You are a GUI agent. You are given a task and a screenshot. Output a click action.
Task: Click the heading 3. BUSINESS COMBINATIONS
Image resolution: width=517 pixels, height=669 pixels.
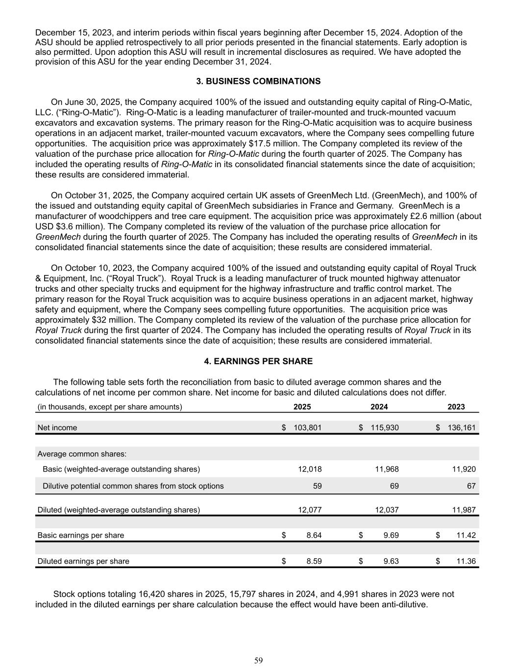(x=258, y=81)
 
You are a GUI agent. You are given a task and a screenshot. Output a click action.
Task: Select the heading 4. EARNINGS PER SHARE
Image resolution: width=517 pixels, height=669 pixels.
(x=258, y=361)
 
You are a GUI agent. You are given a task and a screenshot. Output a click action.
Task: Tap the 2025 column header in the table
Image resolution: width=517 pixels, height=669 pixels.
(x=302, y=407)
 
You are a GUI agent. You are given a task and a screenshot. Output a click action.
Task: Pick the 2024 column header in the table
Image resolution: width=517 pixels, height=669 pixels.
(x=379, y=407)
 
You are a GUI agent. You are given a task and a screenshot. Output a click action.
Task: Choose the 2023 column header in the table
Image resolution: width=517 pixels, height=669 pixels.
(x=456, y=407)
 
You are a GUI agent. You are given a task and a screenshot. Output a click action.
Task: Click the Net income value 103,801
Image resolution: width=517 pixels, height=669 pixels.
(x=308, y=428)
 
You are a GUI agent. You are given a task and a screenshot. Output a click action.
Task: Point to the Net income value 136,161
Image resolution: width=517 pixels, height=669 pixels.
(x=462, y=428)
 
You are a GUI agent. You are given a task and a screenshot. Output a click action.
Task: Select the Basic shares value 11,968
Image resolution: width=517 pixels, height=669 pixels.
(x=387, y=470)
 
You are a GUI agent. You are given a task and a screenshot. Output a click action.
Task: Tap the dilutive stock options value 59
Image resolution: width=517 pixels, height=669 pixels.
(x=317, y=486)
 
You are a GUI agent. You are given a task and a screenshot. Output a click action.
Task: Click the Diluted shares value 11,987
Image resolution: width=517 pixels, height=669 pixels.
(x=464, y=510)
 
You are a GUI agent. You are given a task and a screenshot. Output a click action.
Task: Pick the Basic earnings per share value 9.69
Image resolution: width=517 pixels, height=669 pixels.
(x=391, y=536)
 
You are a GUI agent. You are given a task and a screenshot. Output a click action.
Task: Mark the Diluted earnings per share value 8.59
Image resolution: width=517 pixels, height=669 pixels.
(x=314, y=561)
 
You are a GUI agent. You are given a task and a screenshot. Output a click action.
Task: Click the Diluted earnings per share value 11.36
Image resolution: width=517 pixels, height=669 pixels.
(x=466, y=561)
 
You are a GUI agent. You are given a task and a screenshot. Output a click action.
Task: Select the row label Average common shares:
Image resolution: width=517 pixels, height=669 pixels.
(x=82, y=454)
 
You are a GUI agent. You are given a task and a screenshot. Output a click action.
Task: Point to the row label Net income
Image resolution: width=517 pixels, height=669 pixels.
(x=57, y=428)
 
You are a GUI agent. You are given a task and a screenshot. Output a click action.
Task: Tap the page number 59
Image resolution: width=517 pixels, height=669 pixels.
(x=258, y=661)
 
